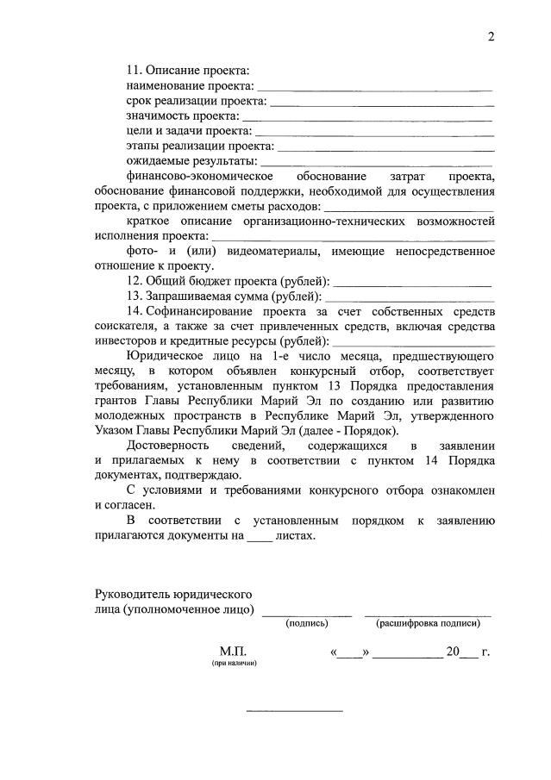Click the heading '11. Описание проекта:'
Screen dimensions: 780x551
(187, 69)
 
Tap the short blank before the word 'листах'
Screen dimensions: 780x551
(259, 538)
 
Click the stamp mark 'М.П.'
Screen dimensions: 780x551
(233, 652)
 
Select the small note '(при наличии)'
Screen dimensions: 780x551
(233, 665)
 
